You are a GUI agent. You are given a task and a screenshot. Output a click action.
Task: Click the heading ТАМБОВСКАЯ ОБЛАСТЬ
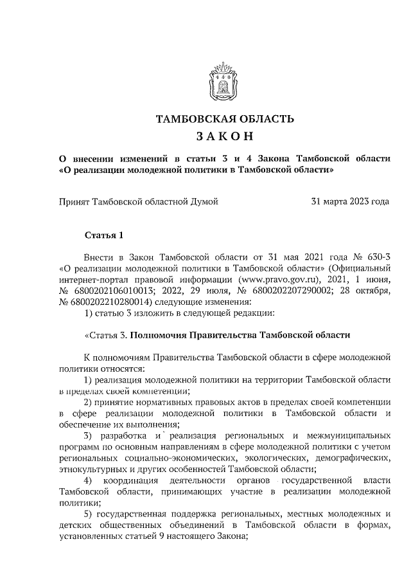(225, 119)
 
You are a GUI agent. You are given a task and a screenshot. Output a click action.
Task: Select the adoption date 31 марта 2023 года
(350, 201)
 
